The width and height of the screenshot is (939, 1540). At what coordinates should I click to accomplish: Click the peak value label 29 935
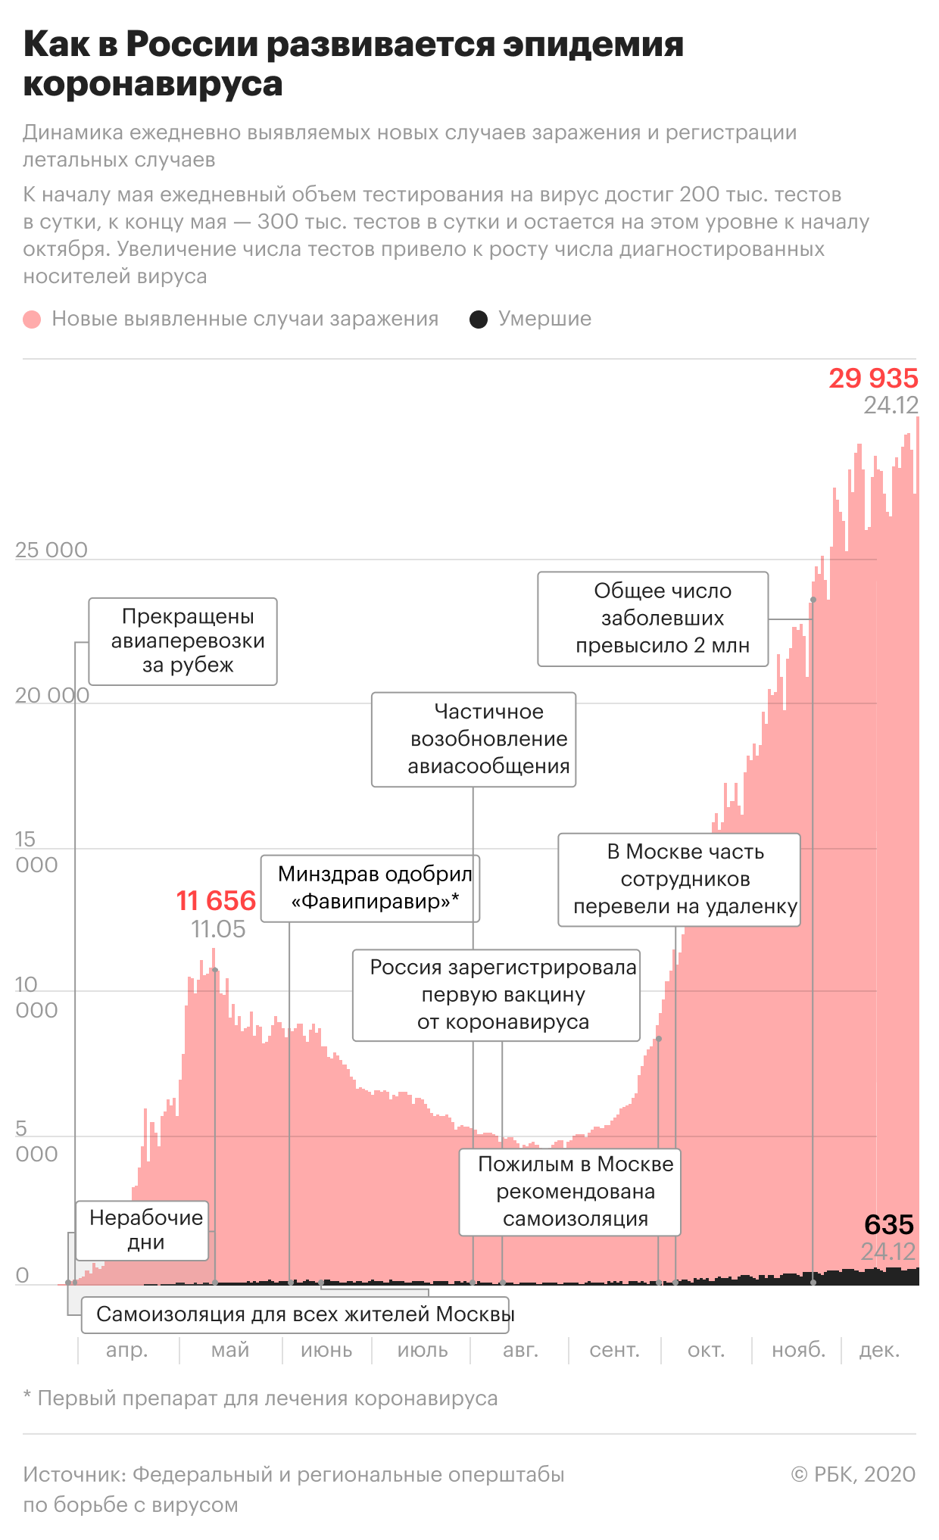click(x=872, y=378)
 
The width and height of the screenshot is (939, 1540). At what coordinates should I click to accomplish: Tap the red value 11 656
click(x=216, y=900)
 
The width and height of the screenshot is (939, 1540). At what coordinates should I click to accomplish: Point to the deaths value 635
click(x=888, y=1224)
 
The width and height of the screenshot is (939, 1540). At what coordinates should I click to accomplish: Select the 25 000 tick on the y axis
click(x=51, y=550)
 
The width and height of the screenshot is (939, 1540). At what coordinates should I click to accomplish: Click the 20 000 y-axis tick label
click(x=51, y=695)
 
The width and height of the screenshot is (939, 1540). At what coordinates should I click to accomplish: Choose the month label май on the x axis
click(x=230, y=1350)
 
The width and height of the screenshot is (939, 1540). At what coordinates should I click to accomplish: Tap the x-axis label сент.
click(x=614, y=1350)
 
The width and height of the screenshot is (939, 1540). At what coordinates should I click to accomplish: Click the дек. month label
click(x=878, y=1350)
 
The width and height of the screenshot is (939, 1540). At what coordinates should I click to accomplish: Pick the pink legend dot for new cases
click(x=32, y=319)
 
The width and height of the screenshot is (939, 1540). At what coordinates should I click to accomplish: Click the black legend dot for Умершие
click(x=479, y=319)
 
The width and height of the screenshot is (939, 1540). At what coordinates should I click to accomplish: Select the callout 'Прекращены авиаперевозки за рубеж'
click(x=183, y=641)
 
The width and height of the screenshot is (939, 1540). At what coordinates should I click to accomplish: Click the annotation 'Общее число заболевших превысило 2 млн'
click(x=653, y=619)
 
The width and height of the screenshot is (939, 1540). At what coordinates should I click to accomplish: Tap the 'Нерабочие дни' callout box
click(x=142, y=1230)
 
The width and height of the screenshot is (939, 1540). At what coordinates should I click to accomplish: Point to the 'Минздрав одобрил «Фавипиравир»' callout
click(x=370, y=888)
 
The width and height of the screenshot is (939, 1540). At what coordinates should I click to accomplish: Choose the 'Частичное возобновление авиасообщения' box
click(x=474, y=739)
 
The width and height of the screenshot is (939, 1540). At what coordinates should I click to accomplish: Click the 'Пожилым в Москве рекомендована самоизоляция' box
click(x=570, y=1192)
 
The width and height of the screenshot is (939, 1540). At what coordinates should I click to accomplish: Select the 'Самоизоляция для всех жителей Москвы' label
click(x=304, y=1314)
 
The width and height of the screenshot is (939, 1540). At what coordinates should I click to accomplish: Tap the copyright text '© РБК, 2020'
click(x=853, y=1474)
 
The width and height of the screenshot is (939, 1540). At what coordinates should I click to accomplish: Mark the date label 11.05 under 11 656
click(x=218, y=929)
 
